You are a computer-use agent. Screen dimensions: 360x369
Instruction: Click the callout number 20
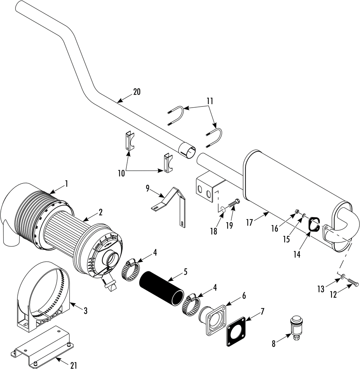click(x=137, y=92)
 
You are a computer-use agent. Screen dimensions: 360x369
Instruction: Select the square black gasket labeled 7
click(x=236, y=332)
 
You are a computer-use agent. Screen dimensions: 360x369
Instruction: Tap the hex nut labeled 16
click(x=297, y=211)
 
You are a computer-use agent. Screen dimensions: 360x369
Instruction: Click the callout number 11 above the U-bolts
click(x=210, y=101)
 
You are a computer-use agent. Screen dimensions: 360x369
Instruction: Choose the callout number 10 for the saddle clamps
click(x=121, y=174)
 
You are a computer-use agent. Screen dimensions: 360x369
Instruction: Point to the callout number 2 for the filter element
click(x=100, y=212)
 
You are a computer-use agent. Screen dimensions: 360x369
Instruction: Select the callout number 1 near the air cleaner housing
click(x=67, y=183)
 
